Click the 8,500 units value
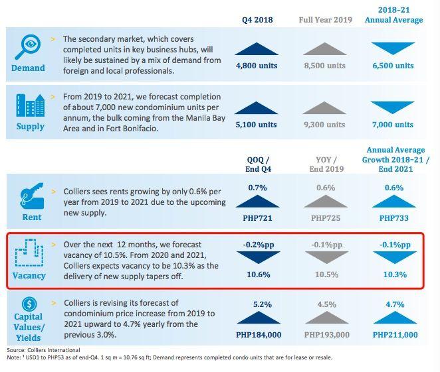326,66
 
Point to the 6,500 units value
393,66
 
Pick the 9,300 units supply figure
326,125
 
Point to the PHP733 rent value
393,217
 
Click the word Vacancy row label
29,275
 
